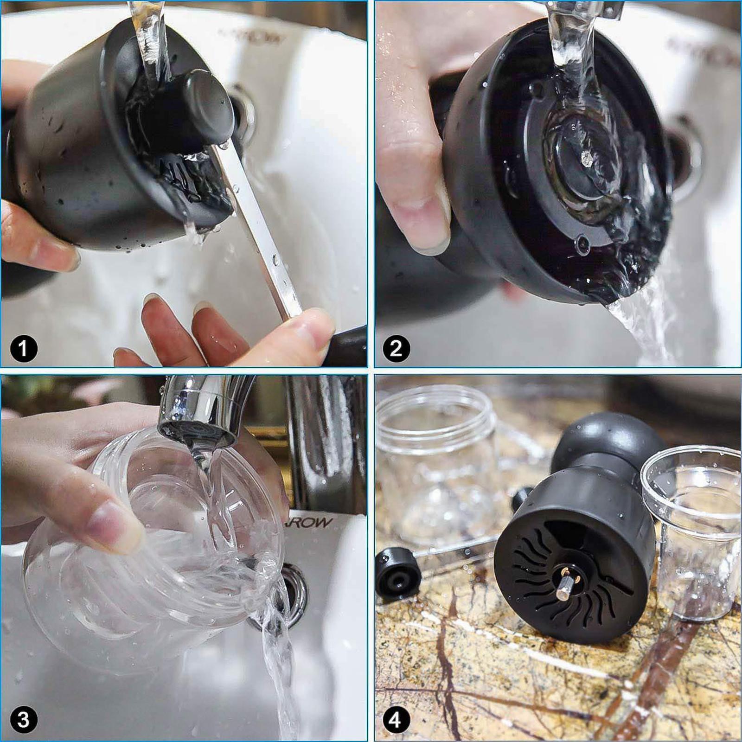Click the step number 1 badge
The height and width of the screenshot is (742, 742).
pyautogui.click(x=24, y=349)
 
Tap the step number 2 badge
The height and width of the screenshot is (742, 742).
pyautogui.click(x=396, y=349)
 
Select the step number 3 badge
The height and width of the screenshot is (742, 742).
pyautogui.click(x=24, y=720)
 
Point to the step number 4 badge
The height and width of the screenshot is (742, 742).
pyautogui.click(x=396, y=720)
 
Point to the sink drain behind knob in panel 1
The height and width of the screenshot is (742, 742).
pyautogui.click(x=243, y=116)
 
